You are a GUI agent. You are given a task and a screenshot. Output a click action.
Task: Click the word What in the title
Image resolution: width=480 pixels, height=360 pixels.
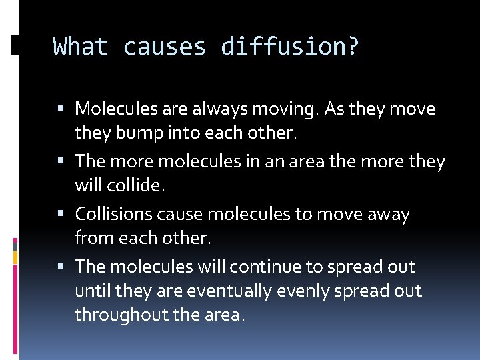coord(80,47)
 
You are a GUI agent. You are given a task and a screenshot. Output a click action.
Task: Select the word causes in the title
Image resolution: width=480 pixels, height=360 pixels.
coord(165,47)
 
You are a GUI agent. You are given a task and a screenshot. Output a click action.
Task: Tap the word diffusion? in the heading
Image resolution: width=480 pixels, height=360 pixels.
coord(290,47)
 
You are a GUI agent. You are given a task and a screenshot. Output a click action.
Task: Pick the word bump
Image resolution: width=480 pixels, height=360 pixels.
coord(145,133)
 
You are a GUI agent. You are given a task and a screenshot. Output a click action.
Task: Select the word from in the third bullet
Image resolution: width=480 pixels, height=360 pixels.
coord(91,239)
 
